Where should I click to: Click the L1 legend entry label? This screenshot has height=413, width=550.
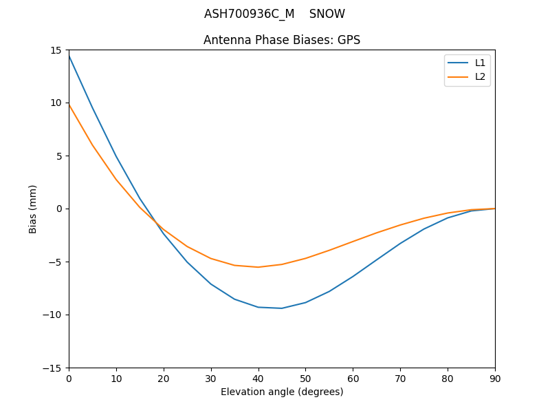coord(480,63)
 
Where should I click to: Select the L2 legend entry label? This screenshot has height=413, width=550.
coord(480,76)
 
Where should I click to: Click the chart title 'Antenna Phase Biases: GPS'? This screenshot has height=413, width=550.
coord(281,40)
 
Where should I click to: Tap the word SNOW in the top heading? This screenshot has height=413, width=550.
coord(327,14)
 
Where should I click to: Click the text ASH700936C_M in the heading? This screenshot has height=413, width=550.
coord(249,14)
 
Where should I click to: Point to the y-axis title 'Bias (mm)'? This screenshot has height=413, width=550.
coord(33,209)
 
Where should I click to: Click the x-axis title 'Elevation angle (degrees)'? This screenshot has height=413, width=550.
coord(281,392)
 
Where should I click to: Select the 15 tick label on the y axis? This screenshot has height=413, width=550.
coord(56,50)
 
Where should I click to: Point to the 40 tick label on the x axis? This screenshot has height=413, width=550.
coord(258,378)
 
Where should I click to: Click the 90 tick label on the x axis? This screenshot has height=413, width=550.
coord(494,378)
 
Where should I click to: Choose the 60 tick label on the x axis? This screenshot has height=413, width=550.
coord(353,378)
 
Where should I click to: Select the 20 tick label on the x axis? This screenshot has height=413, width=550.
coord(164,378)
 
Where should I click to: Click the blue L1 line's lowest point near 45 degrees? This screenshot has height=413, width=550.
coord(282,308)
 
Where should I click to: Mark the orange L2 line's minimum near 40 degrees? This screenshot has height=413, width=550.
coord(258,267)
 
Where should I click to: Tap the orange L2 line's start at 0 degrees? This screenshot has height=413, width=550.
coord(69,105)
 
